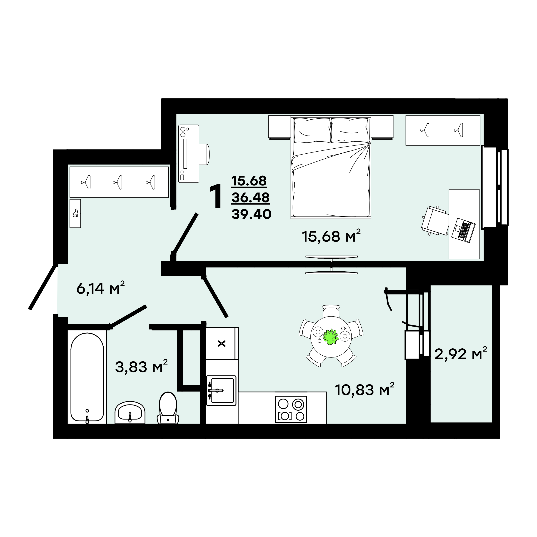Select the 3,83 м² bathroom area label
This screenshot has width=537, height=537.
point(141,366)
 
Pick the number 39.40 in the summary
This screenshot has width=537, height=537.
point(252,214)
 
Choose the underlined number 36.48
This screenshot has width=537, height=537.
point(250,198)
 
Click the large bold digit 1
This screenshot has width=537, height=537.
point(216,196)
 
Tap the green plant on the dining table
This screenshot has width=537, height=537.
point(331,337)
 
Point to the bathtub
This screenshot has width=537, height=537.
point(87,377)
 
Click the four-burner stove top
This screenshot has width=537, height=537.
point(291,410)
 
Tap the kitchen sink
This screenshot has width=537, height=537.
point(222,390)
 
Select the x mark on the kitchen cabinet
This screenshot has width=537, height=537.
point(222,344)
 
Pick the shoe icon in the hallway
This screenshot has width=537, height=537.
point(75,213)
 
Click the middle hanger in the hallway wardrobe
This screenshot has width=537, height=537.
point(118,182)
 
